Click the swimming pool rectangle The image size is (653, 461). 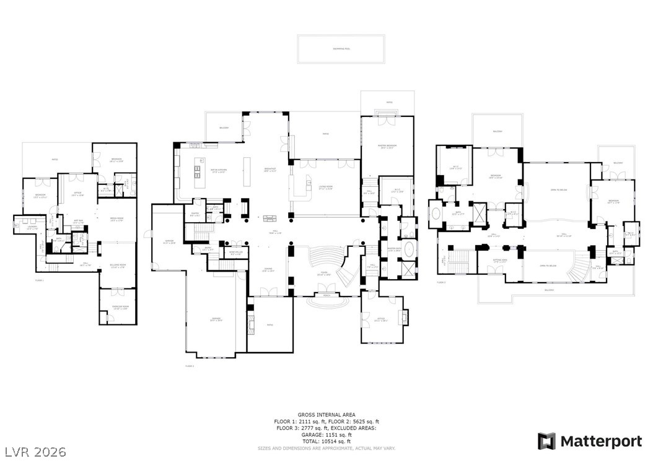[x=341, y=48]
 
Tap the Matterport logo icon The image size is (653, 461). [x=546, y=441]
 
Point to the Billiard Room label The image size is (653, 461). [x=118, y=266]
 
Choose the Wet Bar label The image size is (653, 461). [x=79, y=222]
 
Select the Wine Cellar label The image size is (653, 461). [x=236, y=253]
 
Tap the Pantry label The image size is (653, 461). [x=195, y=215]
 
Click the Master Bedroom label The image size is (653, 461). [x=387, y=147]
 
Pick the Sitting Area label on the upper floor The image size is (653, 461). [x=499, y=261]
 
